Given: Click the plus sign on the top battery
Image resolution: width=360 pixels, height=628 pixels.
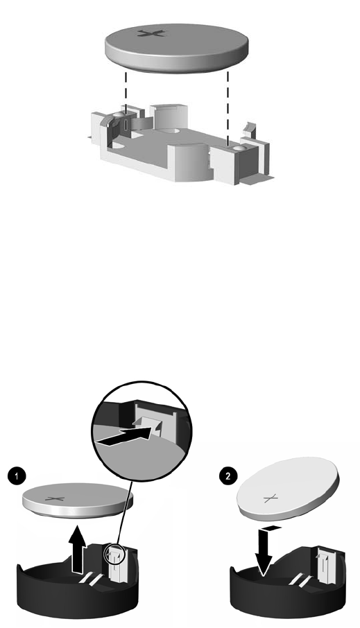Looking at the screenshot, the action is tap(151, 33).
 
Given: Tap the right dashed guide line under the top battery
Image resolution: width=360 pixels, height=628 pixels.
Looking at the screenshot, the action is tap(228, 107).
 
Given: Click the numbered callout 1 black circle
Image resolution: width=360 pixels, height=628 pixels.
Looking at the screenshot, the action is tap(17, 476).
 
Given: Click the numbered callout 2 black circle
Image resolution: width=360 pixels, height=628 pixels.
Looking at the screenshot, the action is tap(228, 476).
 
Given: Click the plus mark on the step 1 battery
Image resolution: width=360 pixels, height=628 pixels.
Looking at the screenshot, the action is tap(55, 499).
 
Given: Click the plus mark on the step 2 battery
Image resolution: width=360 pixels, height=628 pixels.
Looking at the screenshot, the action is tap(271, 498).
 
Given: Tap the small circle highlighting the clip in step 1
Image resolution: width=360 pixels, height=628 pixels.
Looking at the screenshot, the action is tap(114, 554).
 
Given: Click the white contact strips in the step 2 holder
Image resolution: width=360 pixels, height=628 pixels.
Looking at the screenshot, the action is tap(300, 579).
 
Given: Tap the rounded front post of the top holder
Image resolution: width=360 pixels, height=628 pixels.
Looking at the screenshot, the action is tap(187, 162).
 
